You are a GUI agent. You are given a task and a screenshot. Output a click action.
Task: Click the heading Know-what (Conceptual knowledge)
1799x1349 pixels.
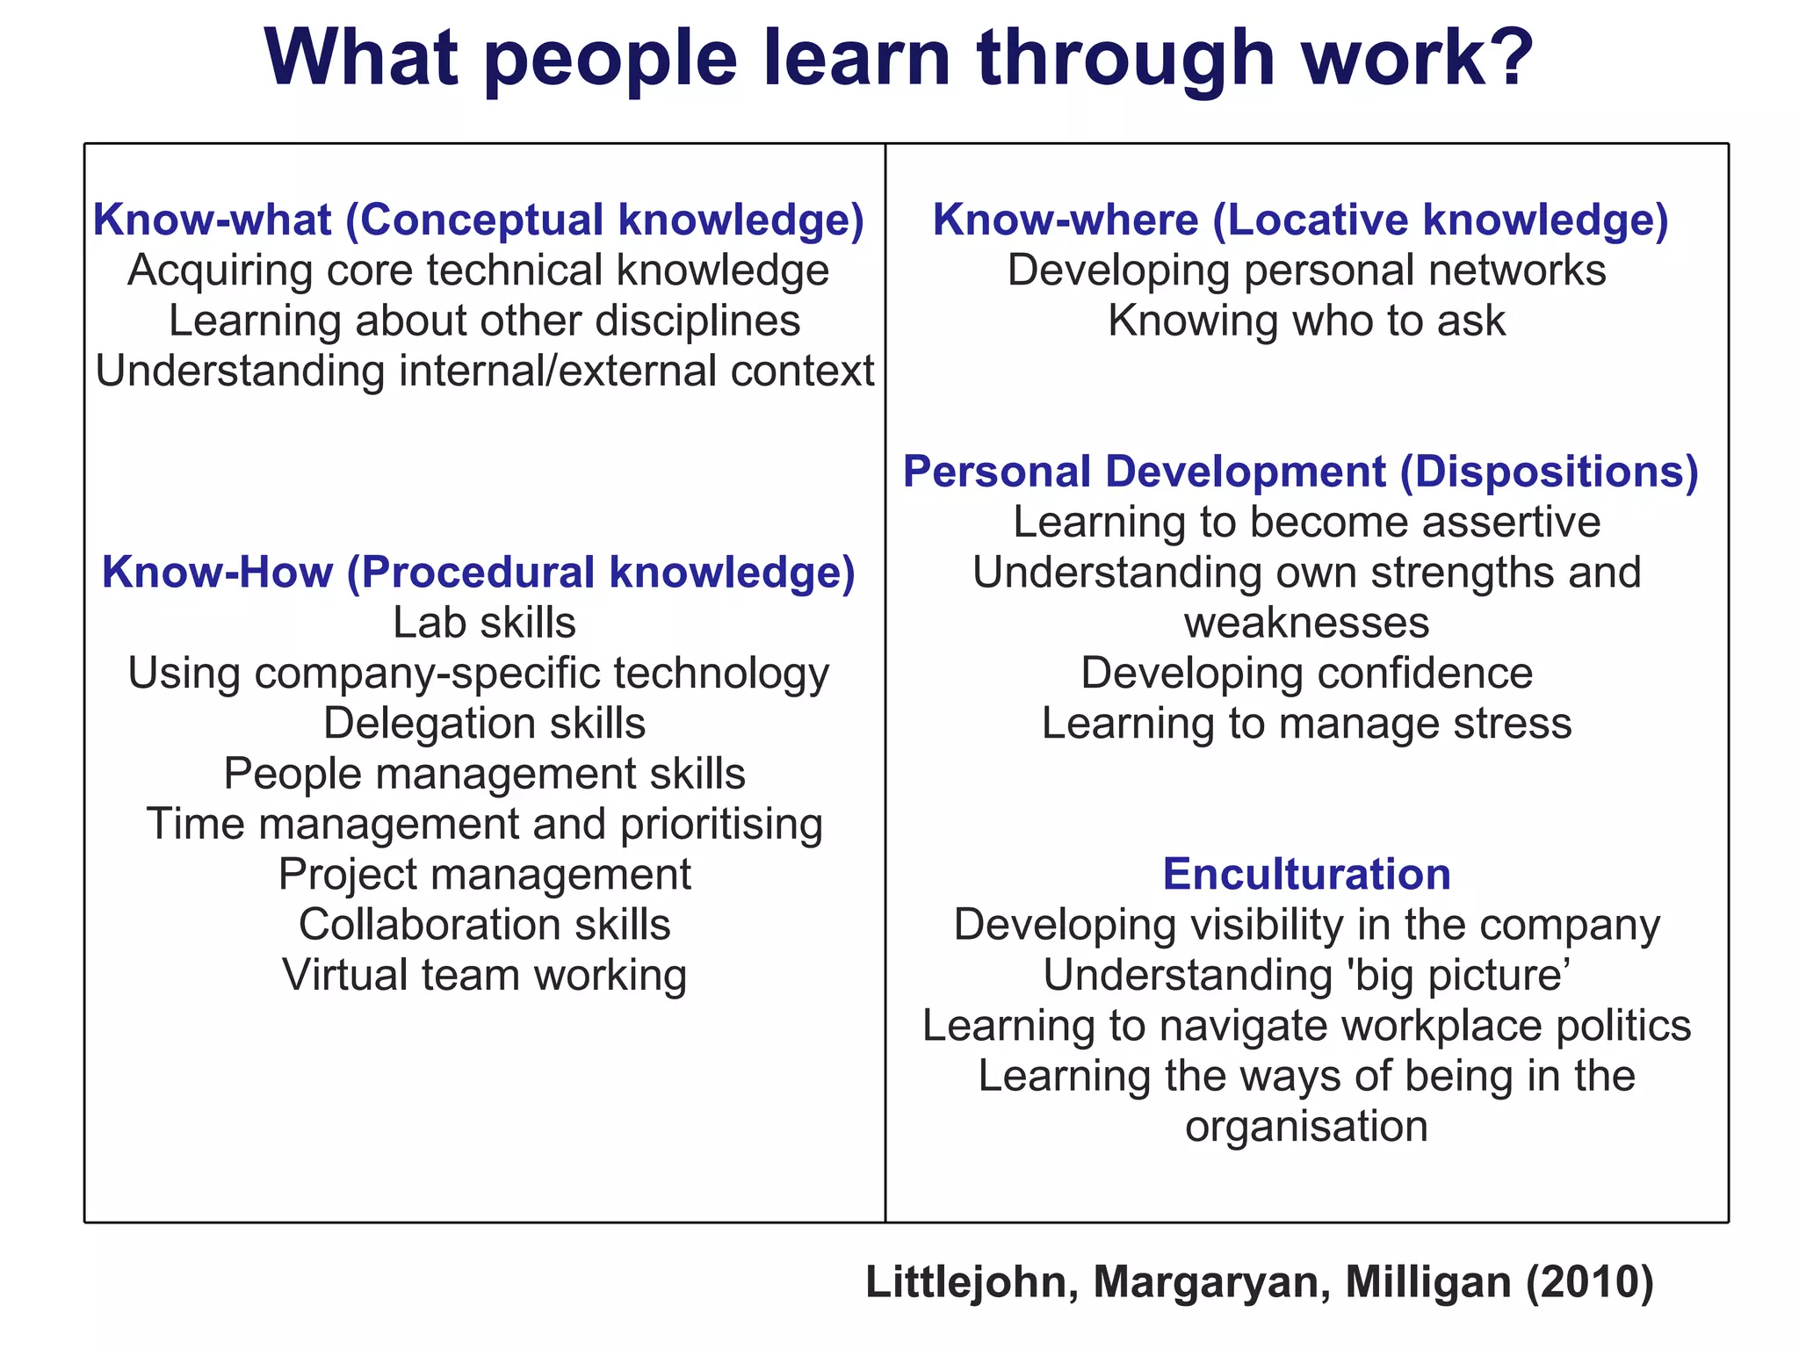479,220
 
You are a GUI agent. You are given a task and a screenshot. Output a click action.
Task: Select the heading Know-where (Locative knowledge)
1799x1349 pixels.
1300,220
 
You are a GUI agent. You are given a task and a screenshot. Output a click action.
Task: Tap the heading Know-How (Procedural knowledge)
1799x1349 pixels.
479,573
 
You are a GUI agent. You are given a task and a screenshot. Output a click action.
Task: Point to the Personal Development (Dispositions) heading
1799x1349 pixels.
1300,472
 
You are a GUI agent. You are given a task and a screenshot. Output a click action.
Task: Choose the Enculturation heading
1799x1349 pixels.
1306,875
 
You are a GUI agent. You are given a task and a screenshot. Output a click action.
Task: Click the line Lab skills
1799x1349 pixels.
484,623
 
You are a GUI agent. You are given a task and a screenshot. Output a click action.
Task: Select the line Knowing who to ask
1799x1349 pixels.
1306,321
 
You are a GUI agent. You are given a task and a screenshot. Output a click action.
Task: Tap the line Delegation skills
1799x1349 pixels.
484,724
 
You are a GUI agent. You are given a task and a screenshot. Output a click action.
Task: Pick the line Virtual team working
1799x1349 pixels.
484,975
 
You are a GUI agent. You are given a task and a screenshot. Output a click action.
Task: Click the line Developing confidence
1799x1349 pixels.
1306,674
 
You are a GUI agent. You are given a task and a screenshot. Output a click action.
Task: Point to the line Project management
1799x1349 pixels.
484,875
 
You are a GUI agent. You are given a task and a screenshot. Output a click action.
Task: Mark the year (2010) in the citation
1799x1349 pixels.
1589,1282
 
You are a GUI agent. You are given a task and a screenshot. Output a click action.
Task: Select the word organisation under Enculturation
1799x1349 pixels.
1306,1127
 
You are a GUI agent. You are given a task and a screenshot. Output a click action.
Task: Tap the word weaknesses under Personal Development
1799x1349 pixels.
1306,624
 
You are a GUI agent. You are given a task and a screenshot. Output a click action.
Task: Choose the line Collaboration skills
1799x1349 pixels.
484,925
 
